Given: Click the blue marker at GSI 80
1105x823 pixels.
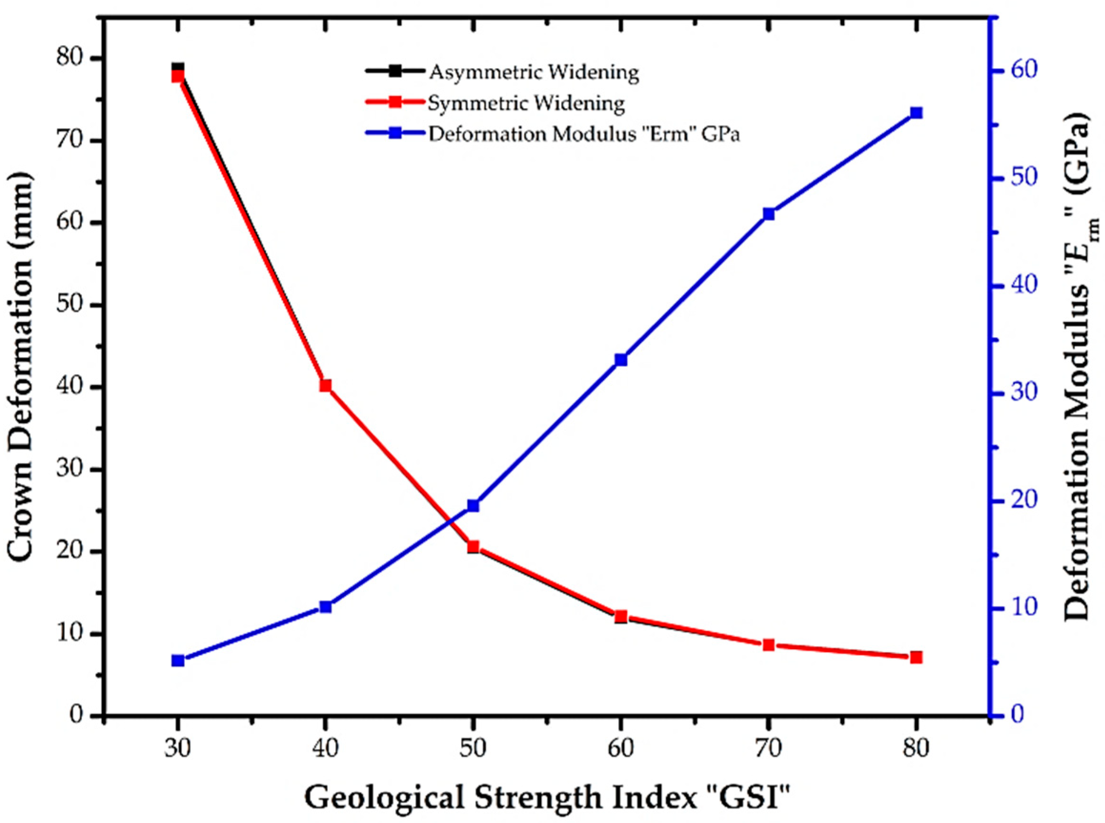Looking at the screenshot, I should click(x=916, y=113).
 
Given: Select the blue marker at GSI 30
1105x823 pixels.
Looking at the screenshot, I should click(x=178, y=661).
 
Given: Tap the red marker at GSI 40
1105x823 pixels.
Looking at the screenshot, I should click(x=325, y=386).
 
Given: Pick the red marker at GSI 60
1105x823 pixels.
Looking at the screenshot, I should click(x=621, y=617).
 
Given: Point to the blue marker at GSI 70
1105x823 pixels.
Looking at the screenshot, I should click(x=768, y=214).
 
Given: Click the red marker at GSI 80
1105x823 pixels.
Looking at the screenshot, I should click(x=916, y=658).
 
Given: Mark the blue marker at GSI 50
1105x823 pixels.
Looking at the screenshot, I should click(x=473, y=506).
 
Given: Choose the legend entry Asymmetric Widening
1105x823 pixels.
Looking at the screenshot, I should click(x=533, y=72).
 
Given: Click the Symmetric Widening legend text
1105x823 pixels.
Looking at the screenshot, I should click(x=526, y=103).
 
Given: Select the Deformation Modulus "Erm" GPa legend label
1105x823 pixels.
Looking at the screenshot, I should click(x=584, y=134).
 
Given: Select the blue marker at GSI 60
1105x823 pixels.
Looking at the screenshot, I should click(x=621, y=360).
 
